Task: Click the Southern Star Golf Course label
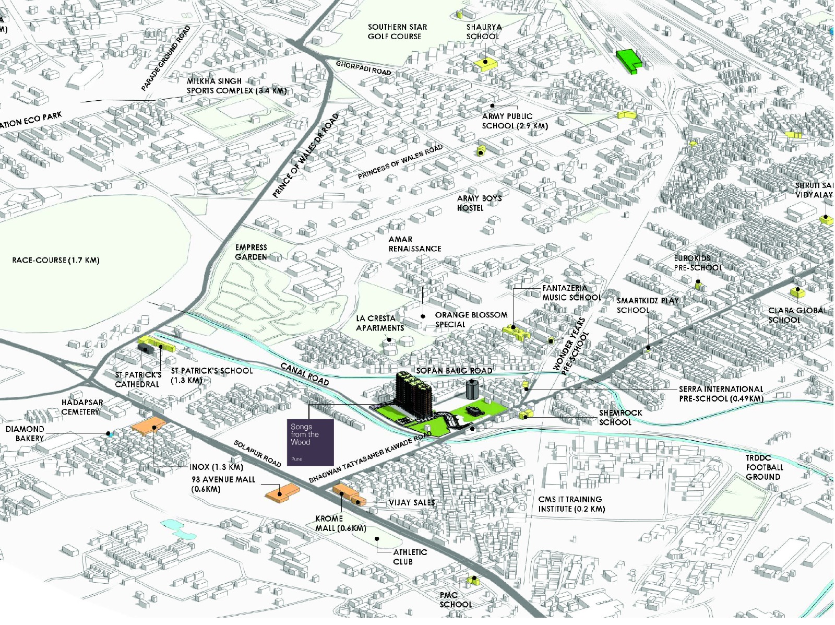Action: [397, 31]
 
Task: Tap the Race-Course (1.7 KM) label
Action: [55, 260]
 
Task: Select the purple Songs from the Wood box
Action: [311, 442]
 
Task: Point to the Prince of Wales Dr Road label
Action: [305, 156]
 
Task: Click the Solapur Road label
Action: [257, 453]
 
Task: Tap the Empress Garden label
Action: [251, 252]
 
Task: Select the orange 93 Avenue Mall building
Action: [282, 492]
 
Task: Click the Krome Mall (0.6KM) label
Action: [340, 523]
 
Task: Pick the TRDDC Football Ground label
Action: [764, 467]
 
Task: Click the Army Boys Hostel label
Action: [479, 203]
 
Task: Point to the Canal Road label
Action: [305, 374]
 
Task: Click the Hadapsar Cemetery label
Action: [82, 407]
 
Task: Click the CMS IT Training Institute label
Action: [571, 504]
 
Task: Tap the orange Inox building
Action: [149, 425]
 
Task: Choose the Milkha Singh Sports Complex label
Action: [236, 86]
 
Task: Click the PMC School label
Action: [455, 599]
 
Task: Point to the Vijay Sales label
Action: [412, 502]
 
